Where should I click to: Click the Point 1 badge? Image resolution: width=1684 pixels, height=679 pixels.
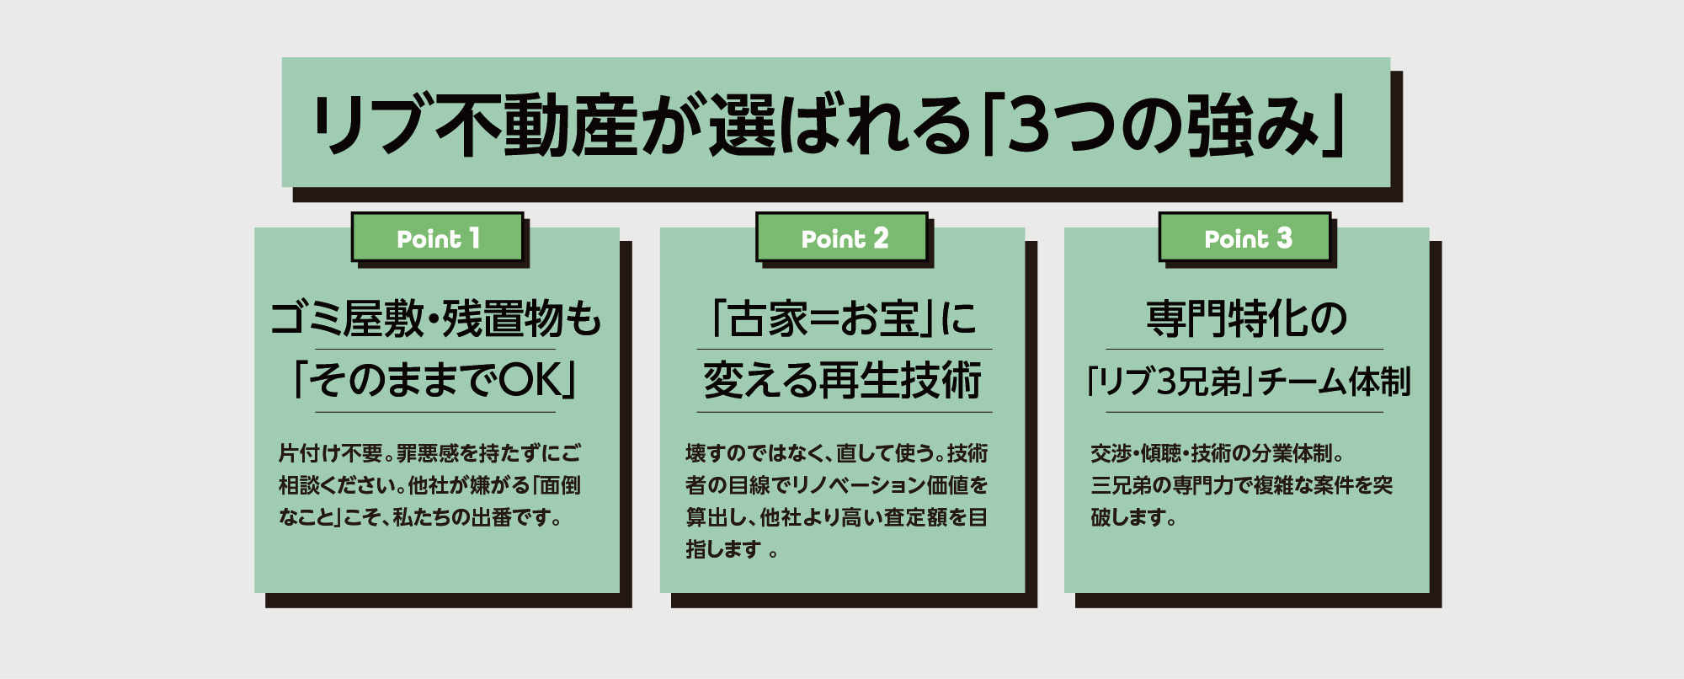pyautogui.click(x=438, y=238)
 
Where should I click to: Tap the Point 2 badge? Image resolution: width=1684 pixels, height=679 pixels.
pyautogui.click(x=842, y=238)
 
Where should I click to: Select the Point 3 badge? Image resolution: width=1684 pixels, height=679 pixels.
pyautogui.click(x=1245, y=238)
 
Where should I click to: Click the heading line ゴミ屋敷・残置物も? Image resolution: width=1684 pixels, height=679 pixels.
pyautogui.click(x=436, y=318)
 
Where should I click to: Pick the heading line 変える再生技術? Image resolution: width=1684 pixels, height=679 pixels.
pyautogui.click(x=843, y=380)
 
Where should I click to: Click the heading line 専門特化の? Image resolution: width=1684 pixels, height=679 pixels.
pyautogui.click(x=1246, y=318)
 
